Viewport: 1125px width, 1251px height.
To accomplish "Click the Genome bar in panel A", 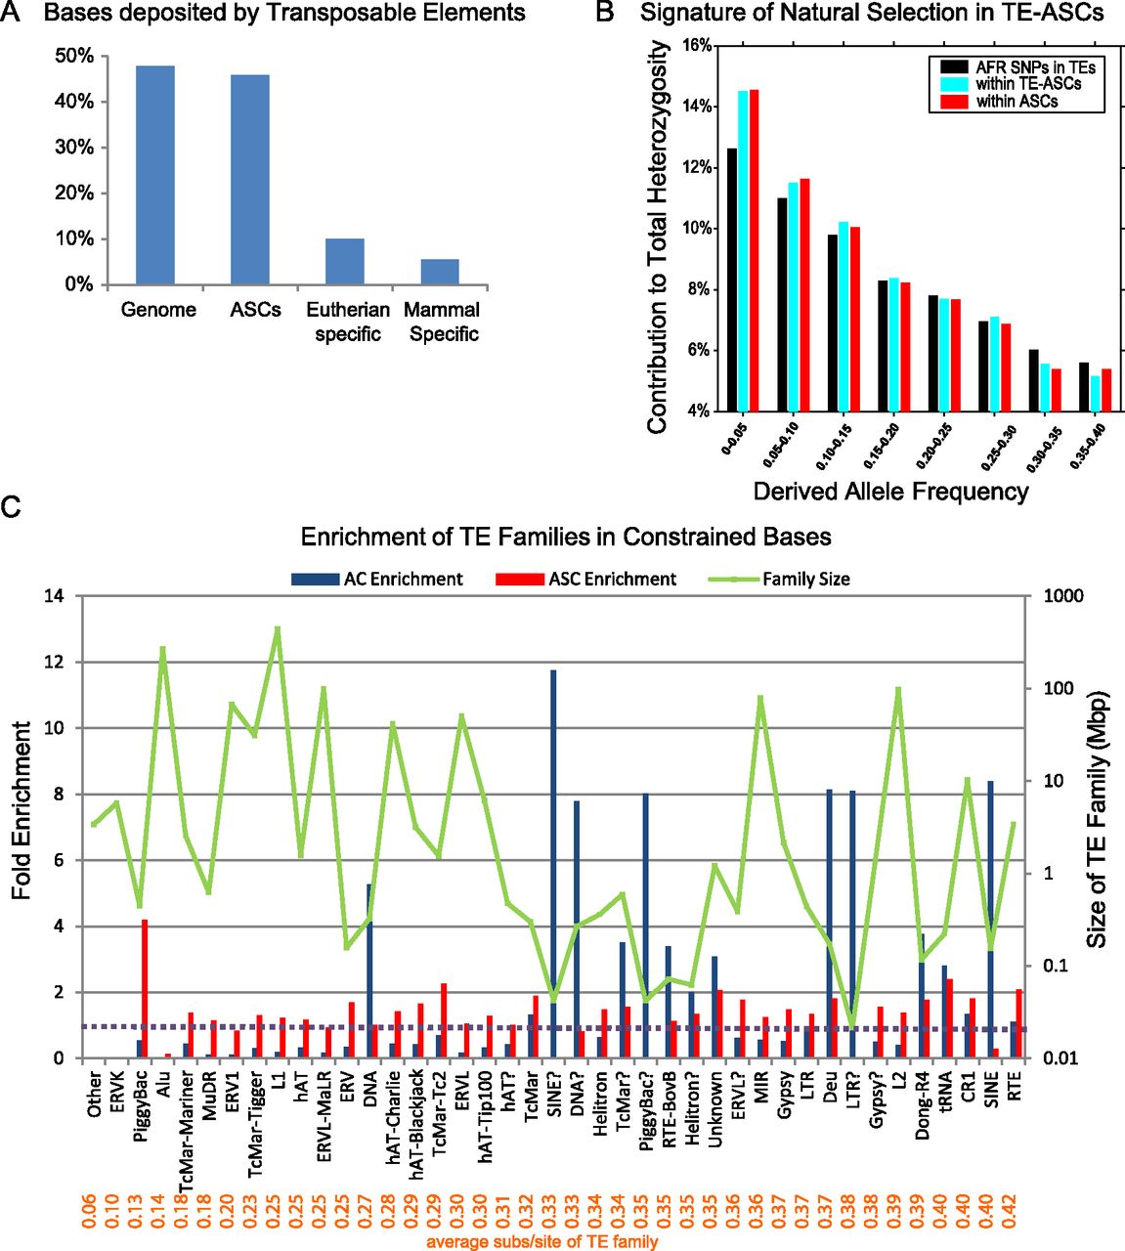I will [x=155, y=176].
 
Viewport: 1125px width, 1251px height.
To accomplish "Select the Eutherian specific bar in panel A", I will [x=345, y=262].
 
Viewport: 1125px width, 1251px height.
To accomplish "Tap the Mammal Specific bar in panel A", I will [x=440, y=272].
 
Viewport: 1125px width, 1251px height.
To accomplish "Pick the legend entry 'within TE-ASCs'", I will [x=1028, y=84].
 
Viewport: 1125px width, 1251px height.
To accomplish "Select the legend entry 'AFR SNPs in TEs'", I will [x=1034, y=67].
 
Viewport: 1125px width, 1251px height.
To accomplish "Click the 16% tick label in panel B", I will [x=695, y=46].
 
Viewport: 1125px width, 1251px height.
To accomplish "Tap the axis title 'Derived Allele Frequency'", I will [x=890, y=491].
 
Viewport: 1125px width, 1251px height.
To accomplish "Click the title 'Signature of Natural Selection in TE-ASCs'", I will [x=872, y=14].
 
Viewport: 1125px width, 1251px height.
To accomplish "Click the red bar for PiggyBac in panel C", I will [x=145, y=988].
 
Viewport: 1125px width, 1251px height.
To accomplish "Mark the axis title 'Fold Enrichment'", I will [x=22, y=811].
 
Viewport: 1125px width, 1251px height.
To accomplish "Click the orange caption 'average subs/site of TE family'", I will [x=542, y=1242].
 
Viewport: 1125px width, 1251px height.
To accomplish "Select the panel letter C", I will [x=11, y=507].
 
